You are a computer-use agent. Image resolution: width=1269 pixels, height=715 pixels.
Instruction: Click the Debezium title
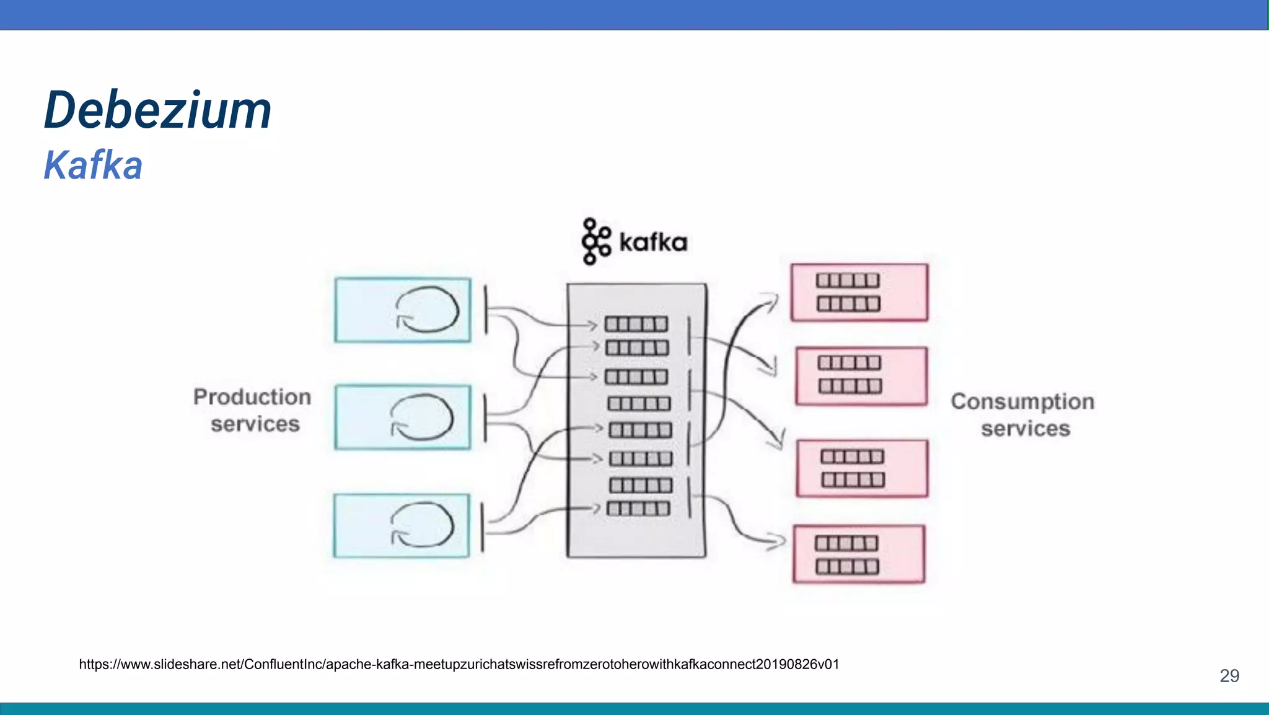pos(158,110)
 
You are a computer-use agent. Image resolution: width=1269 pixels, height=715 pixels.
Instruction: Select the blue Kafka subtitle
pos(93,166)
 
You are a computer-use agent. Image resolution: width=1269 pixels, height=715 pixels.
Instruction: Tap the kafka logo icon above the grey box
pos(595,241)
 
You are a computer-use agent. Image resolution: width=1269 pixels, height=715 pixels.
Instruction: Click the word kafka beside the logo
pos(653,242)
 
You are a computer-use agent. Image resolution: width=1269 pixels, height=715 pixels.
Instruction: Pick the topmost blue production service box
pos(402,310)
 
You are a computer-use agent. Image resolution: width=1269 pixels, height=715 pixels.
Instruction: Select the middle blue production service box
pos(402,417)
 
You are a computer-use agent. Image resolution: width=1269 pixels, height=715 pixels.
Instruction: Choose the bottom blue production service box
pos(401,526)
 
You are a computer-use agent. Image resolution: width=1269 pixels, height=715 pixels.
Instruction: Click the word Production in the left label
pos(252,397)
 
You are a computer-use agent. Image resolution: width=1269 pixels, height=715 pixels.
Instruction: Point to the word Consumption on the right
pos(1022,402)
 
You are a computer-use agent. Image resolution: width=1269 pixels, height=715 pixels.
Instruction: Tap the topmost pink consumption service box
pos(859,292)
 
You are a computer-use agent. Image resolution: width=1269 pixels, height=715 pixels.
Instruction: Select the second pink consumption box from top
pos(861,376)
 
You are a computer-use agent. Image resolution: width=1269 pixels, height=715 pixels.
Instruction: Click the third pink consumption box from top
pos(862,468)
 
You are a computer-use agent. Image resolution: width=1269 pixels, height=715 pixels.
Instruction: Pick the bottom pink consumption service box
pos(859,554)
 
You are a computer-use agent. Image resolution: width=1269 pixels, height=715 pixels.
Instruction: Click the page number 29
pos(1229,676)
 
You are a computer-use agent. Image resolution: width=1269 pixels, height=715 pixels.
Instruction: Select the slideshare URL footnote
pos(459,665)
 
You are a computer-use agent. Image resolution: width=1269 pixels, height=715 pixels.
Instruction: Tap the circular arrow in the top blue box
pos(427,309)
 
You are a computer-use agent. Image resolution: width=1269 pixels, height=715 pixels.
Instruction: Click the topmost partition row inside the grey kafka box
pos(636,324)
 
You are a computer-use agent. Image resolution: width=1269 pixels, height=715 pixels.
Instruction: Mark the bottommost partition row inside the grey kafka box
pos(638,509)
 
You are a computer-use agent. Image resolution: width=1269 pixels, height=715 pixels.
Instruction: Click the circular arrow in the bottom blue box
pos(423,525)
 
